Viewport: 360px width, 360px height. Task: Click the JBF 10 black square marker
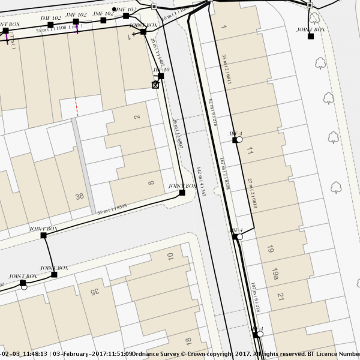[x=161, y=76]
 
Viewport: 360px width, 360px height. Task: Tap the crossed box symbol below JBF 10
[x=156, y=85]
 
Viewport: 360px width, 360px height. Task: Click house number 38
[x=79, y=196]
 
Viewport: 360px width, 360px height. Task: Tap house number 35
[x=93, y=292]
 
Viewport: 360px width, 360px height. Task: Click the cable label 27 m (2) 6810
[x=253, y=193]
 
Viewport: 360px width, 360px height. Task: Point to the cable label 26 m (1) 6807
[x=177, y=133]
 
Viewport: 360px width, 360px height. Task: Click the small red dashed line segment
[x=76, y=109]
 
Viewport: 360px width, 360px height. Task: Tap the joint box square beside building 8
[x=182, y=193]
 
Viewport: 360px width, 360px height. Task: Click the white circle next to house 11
[x=240, y=139]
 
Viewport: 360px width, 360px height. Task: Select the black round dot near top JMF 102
[x=114, y=10]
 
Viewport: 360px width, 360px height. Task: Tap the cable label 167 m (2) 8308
[x=225, y=173]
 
